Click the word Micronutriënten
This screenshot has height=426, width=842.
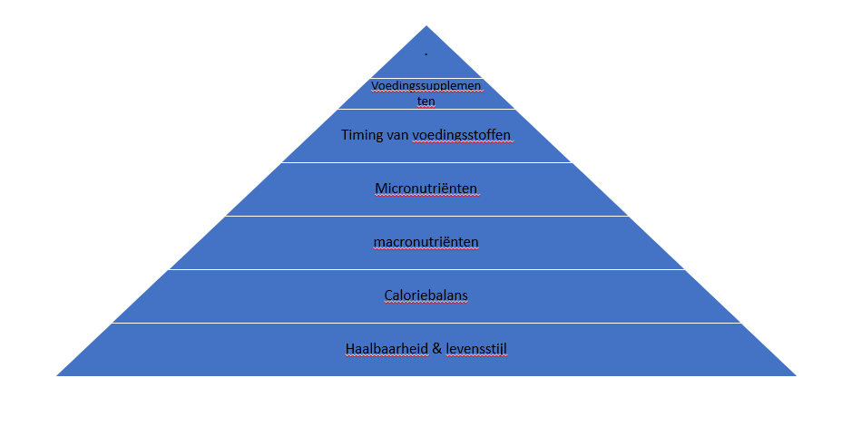click(x=426, y=189)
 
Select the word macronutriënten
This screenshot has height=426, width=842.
click(x=426, y=242)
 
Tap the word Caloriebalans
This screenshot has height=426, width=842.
click(x=426, y=295)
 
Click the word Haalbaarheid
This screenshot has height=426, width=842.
click(x=387, y=349)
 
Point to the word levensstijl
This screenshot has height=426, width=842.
click(x=476, y=349)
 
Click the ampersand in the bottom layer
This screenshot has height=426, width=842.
click(x=437, y=349)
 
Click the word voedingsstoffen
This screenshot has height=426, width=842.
click(x=461, y=135)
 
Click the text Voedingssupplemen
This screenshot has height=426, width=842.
click(x=426, y=86)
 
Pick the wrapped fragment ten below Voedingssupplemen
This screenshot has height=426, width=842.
click(x=426, y=101)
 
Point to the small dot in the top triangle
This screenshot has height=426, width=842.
click(x=426, y=53)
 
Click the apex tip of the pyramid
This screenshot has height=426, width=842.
click(x=426, y=25)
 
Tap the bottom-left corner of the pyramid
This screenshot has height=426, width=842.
click(x=56, y=375)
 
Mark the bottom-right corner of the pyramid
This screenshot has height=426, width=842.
click(x=796, y=375)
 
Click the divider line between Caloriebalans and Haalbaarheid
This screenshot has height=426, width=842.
click(x=426, y=323)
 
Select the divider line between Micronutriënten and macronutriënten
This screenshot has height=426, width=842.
click(x=426, y=216)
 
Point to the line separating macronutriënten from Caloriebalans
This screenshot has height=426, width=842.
click(x=426, y=269)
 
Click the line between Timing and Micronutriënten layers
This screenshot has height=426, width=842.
click(x=426, y=162)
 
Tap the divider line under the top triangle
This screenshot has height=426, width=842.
click(x=426, y=78)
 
